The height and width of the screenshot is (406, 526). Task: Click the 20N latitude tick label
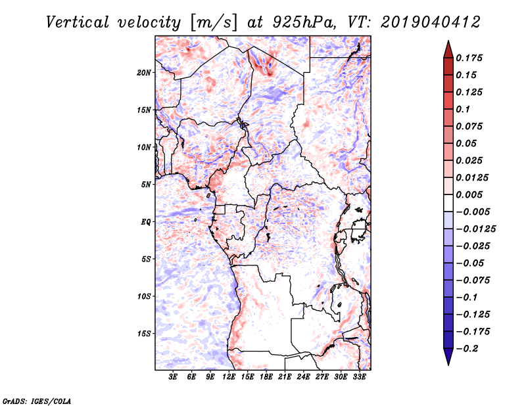(x=145, y=72)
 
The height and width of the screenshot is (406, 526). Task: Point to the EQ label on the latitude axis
(x=147, y=222)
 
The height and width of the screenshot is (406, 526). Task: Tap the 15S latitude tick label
(x=145, y=334)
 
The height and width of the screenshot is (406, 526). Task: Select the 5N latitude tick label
(x=147, y=185)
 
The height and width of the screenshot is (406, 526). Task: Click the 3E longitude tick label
(x=174, y=378)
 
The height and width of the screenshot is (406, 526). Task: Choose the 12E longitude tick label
(x=229, y=378)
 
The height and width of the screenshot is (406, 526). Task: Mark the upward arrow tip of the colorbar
(x=447, y=43)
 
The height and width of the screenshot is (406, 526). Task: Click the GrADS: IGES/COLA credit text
(x=28, y=399)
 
